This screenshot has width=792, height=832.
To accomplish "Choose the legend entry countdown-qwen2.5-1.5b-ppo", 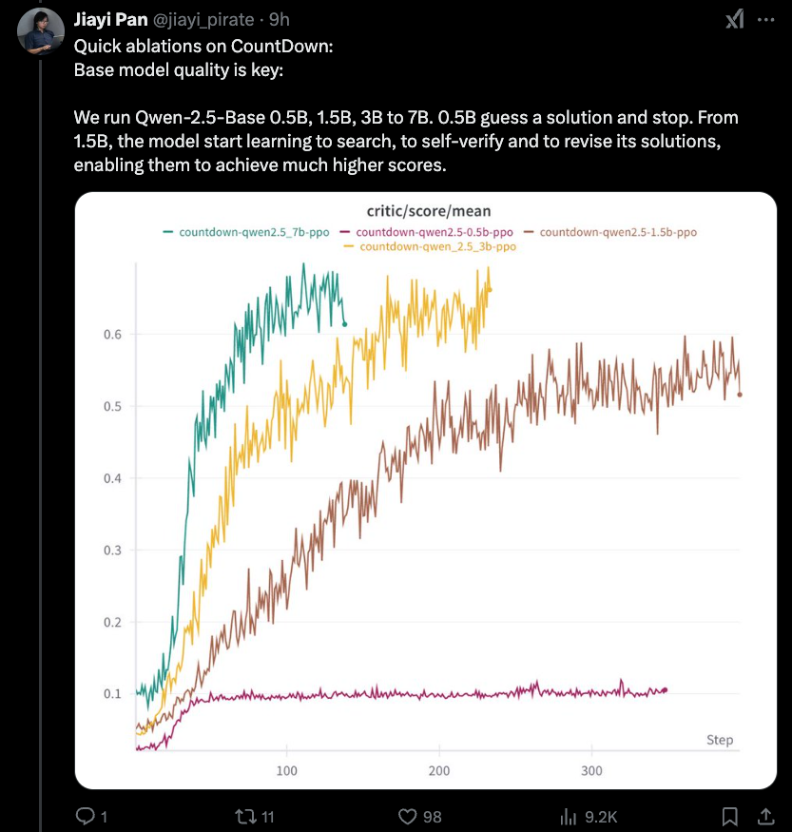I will click(x=617, y=231).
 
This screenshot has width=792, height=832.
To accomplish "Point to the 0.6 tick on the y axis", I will click(x=112, y=335).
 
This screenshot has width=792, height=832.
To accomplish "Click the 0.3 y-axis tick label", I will click(x=112, y=551).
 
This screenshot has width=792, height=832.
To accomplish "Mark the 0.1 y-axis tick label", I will click(x=112, y=694).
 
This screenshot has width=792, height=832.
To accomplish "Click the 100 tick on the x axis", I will click(x=285, y=770).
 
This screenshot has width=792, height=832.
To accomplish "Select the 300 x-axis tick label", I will click(x=591, y=770).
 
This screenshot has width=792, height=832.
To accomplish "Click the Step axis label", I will click(x=720, y=740).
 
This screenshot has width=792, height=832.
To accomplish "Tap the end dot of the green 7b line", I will click(x=344, y=324).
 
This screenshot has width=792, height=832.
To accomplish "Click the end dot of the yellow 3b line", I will click(x=490, y=289).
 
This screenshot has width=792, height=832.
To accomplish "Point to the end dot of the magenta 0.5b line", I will click(x=666, y=689).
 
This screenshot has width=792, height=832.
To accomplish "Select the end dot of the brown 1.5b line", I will click(x=740, y=395).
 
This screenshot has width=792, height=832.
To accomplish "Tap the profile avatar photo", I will click(x=41, y=32).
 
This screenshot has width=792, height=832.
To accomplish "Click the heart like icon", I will click(x=408, y=816).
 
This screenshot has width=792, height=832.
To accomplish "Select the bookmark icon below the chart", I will click(x=729, y=816).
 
